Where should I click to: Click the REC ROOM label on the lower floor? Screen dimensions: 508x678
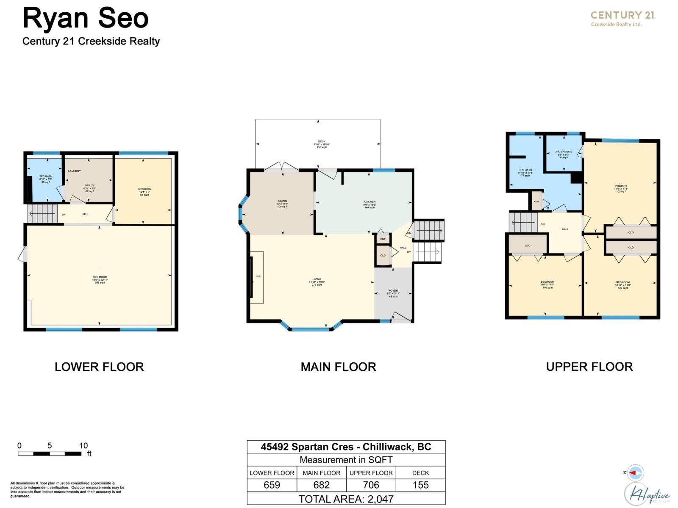coord(100,277)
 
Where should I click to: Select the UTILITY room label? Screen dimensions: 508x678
coord(89,186)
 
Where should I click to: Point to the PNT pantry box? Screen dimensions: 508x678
coord(383,239)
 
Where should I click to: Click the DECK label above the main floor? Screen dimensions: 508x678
coord(322,142)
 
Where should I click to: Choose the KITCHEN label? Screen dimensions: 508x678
coord(370,202)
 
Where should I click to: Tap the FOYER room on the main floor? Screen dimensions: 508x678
coord(393,291)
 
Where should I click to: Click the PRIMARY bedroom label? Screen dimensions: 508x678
coord(621,186)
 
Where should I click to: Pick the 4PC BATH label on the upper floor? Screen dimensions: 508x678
coord(525,170)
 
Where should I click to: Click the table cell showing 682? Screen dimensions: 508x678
coord(321,485)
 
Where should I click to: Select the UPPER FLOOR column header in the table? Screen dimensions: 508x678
coord(371,473)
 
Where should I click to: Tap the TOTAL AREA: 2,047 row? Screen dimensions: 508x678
coord(346,499)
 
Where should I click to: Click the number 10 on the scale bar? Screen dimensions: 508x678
coord(83,445)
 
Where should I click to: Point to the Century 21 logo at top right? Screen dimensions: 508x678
coord(623,18)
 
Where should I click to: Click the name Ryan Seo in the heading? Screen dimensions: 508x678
coord(86,19)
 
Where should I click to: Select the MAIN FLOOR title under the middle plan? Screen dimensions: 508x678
coord(338,367)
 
